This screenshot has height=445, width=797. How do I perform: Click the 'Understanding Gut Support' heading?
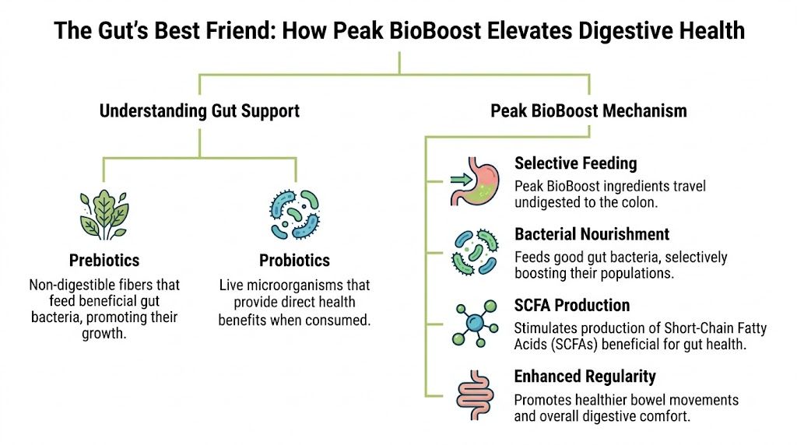click(199, 110)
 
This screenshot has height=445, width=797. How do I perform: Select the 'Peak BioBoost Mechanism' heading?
click(588, 110)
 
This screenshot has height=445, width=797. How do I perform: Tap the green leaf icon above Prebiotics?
click(104, 212)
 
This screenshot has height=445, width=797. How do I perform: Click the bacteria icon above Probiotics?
click(294, 212)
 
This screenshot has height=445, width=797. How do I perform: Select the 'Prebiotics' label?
click(104, 260)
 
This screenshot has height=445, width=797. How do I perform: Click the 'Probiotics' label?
click(294, 260)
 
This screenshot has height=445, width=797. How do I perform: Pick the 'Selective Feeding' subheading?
click(575, 163)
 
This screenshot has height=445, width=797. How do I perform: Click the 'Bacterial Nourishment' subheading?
click(592, 234)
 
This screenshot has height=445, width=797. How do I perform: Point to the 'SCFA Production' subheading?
click(572, 305)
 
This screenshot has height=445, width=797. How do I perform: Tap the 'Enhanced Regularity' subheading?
click(585, 377)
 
